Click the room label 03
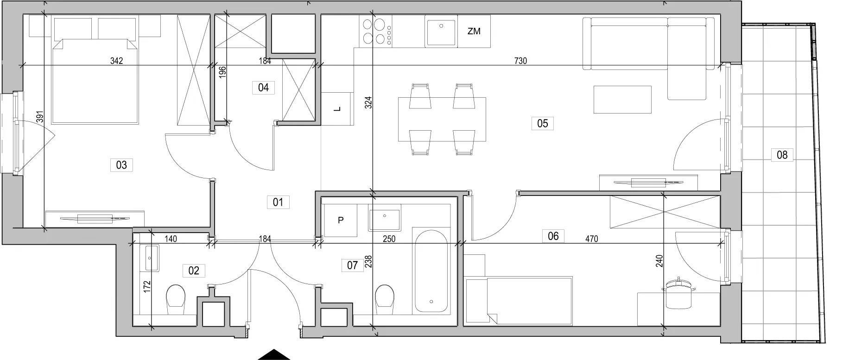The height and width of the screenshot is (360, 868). [121, 165]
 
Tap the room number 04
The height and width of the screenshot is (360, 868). [263, 88]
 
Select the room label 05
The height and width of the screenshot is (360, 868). [542, 123]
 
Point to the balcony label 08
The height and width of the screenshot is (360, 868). [782, 155]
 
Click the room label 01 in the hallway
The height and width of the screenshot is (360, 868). [278, 202]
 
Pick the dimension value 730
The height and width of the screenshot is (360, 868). [520, 61]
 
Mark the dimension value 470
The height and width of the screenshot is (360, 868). [591, 239]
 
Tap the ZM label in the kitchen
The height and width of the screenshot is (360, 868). [474, 32]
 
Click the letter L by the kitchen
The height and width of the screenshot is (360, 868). [338, 109]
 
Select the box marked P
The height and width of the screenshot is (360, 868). [340, 221]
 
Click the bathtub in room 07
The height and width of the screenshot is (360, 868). [431, 270]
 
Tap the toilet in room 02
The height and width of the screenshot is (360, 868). [176, 297]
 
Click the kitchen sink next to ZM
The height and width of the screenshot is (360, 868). [441, 32]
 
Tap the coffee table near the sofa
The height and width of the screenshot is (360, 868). [622, 100]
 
